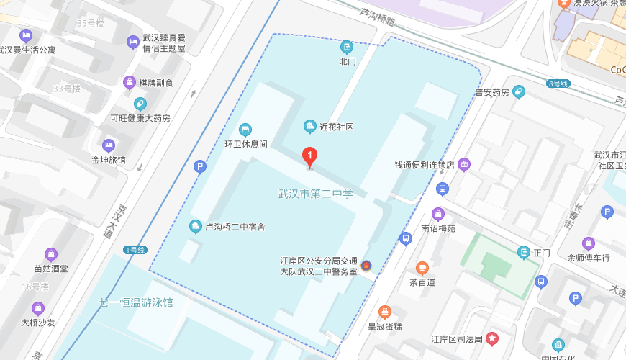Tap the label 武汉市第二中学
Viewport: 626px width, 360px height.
click(316, 194)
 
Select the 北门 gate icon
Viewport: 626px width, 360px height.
click(347, 48)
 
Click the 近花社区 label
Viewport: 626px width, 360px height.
click(336, 127)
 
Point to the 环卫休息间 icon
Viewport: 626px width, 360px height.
click(245, 130)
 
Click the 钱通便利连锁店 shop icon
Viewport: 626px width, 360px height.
click(464, 165)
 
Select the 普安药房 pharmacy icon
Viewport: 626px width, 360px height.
click(518, 92)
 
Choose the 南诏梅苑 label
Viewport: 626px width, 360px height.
click(438, 228)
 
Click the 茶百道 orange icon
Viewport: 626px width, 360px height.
click(422, 268)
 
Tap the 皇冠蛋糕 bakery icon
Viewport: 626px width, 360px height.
click(385, 311)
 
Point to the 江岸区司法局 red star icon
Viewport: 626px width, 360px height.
click(492, 338)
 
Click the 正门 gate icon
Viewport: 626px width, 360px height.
click(524, 252)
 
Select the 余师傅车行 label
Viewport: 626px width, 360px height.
click(589, 257)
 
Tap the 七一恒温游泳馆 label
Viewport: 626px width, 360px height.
click(136, 302)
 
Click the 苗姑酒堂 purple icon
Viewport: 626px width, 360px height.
click(51, 254)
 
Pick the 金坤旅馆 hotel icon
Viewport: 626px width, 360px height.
click(108, 146)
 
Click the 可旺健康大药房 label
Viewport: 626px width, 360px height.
click(140, 118)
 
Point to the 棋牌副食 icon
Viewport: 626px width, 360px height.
click(130, 83)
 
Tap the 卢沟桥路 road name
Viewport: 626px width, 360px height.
click(378, 17)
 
